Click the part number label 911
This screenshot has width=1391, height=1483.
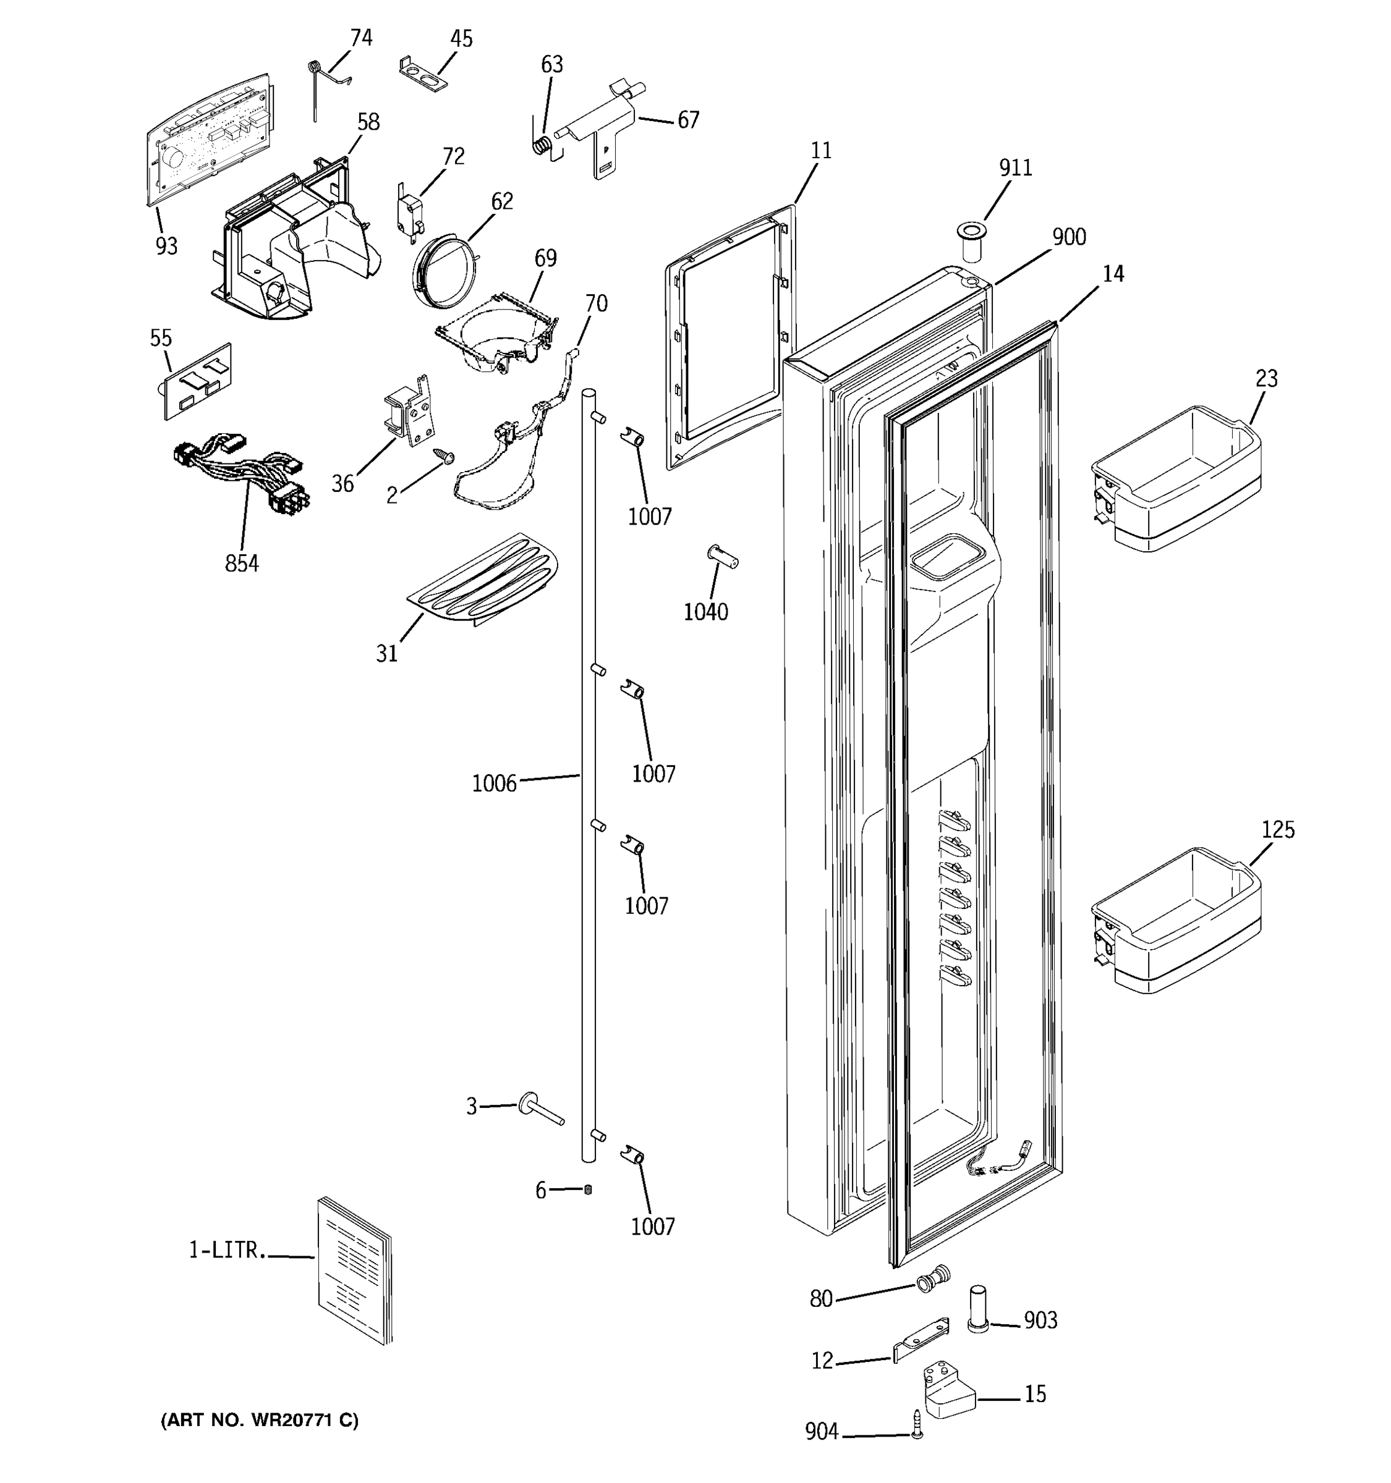pyautogui.click(x=1016, y=168)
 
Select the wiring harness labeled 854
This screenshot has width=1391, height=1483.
pyautogui.click(x=239, y=474)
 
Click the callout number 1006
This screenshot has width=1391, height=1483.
pyautogui.click(x=494, y=784)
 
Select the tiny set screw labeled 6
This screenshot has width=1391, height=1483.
pyautogui.click(x=587, y=1189)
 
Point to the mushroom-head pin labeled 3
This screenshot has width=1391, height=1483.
pyautogui.click(x=540, y=1109)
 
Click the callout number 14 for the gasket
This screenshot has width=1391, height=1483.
pyautogui.click(x=1113, y=274)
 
